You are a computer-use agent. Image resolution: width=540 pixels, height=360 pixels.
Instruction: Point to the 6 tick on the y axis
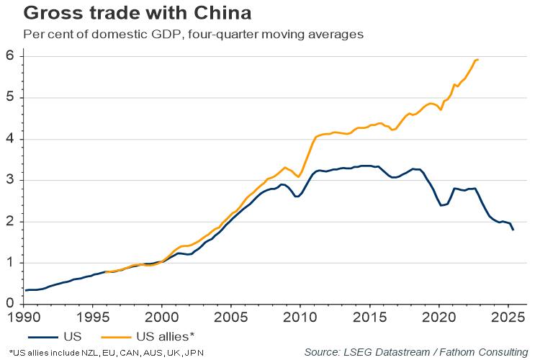pyautogui.click(x=9, y=56)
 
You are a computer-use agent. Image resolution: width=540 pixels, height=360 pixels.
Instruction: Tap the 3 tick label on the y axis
pyautogui.click(x=9, y=181)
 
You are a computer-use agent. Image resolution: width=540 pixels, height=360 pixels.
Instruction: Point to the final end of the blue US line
pyautogui.click(x=513, y=230)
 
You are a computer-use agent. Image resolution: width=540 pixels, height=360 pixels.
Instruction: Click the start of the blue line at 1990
pyautogui.click(x=26, y=290)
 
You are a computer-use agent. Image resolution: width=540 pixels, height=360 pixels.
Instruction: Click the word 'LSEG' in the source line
pyautogui.click(x=358, y=351)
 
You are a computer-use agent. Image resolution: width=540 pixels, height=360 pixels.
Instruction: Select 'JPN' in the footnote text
pyautogui.click(x=193, y=352)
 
